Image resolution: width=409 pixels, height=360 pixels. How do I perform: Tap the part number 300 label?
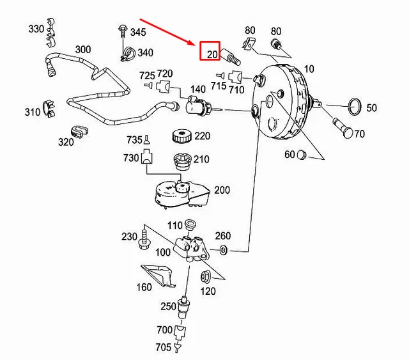click(83, 49)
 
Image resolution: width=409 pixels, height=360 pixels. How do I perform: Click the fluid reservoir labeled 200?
click(178, 194)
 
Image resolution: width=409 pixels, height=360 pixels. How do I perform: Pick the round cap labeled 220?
click(183, 137)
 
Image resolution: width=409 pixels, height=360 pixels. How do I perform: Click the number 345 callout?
click(138, 31)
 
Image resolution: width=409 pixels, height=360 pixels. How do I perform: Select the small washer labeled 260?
click(223, 249)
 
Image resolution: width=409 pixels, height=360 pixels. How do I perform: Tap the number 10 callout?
click(309, 68)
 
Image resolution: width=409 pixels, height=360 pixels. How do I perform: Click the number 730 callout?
click(132, 158)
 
